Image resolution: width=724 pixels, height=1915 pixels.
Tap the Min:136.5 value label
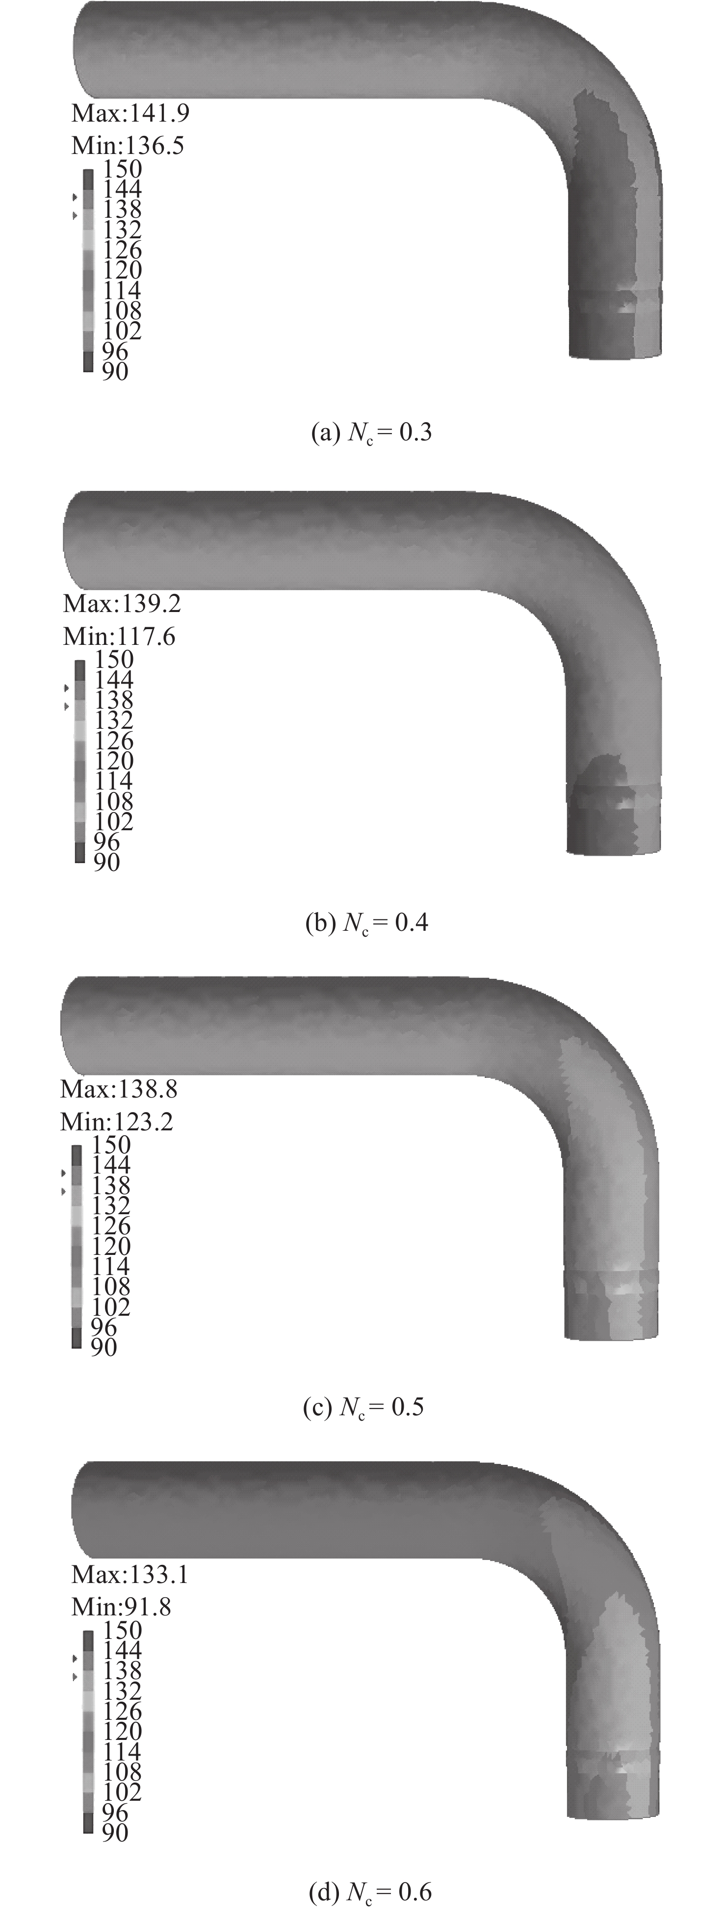pyautogui.click(x=128, y=145)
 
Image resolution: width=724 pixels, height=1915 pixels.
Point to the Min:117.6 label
pyautogui.click(x=120, y=637)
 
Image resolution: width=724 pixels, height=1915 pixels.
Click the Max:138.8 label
pyautogui.click(x=119, y=1089)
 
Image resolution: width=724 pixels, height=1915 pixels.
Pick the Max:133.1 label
pyautogui.click(x=129, y=1575)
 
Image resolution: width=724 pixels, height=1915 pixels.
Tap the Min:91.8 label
pyautogui.click(x=121, y=1607)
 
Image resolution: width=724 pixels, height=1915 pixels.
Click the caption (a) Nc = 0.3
pyautogui.click(x=371, y=433)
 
